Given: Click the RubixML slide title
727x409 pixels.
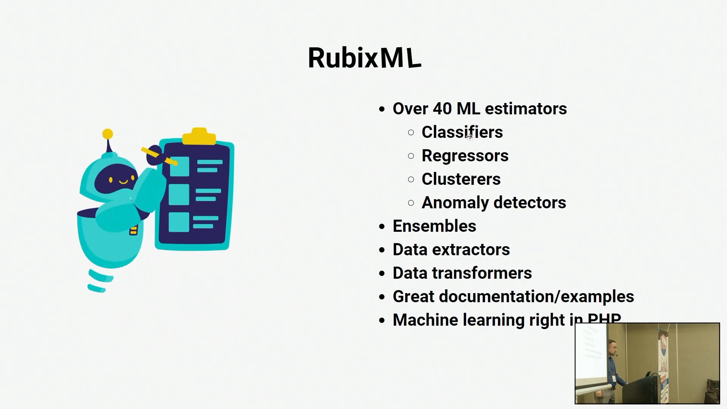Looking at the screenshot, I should point(364,58).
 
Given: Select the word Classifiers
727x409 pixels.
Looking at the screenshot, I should point(462,132).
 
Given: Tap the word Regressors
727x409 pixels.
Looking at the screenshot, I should point(465,156).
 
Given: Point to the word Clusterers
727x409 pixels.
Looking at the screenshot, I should point(461,179).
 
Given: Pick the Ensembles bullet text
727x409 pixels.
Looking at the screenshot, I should point(434,226).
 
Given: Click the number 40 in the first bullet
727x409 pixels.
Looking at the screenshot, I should point(442,109).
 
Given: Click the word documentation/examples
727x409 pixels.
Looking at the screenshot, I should point(536,297).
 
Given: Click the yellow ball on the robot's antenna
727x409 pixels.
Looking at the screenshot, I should point(108,134).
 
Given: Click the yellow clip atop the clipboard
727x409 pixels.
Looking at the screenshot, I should point(199,136).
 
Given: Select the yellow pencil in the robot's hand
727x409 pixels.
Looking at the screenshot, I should point(159,156).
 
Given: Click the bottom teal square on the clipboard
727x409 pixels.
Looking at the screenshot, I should point(179,222).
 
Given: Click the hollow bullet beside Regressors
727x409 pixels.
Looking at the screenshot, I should point(411,156).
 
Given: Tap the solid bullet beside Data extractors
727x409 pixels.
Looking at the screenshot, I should point(382,250).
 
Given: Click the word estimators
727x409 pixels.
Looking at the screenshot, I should point(526,109).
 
